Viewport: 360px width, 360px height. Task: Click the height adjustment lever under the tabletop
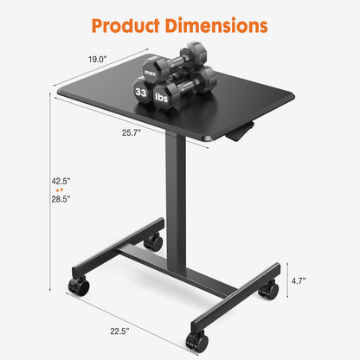tap(242, 131)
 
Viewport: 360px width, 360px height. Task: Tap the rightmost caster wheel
tap(269, 289)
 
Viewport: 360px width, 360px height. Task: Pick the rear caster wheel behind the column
tap(153, 242)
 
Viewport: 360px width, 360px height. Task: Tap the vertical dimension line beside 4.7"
tap(289, 280)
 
